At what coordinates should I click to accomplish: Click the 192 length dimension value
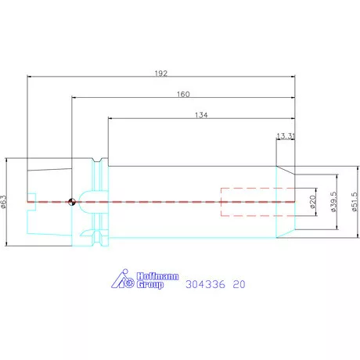161,74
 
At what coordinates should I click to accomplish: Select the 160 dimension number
183,94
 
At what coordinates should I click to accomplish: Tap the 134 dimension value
201,115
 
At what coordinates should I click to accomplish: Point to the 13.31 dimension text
286,136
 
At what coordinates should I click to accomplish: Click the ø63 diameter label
4,202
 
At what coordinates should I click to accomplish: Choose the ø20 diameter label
313,202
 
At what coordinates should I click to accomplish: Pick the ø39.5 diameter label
333,202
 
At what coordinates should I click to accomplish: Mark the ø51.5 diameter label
355,202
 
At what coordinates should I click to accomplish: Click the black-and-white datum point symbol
72,202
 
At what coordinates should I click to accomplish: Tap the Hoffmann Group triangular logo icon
123,279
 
